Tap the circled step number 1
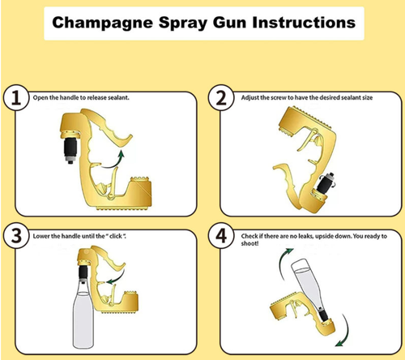14,100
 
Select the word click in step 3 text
114,235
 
